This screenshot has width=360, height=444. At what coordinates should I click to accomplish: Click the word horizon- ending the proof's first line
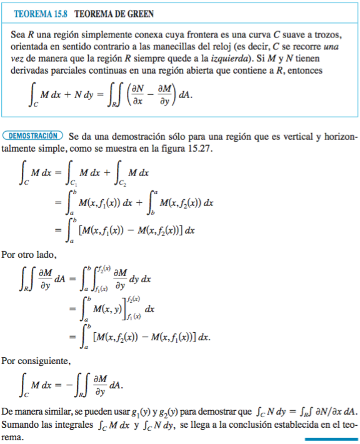[x=337, y=135]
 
